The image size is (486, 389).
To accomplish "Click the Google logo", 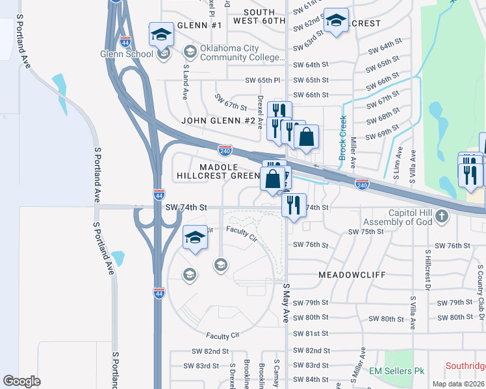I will coord(21,381).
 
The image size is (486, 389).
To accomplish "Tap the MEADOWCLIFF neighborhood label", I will coord(353,275).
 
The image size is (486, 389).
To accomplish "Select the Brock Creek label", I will coord(342,138).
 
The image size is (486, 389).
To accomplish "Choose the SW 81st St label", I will coord(311,333).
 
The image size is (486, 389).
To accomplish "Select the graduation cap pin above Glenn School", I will coord(160,35).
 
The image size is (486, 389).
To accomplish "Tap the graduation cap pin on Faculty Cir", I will coord(195,238).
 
